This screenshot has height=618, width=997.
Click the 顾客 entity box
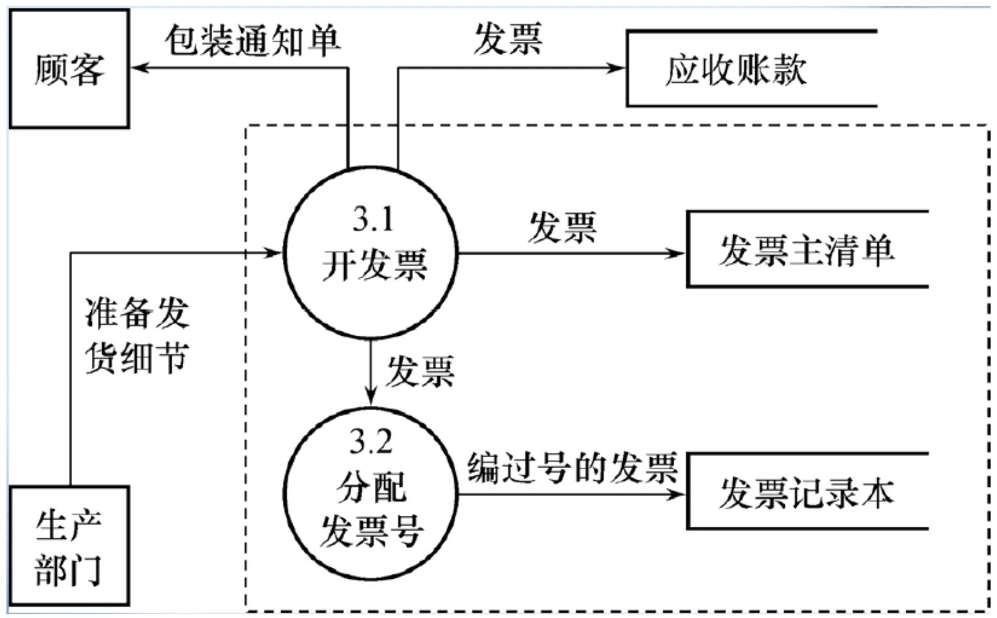[x=69, y=68]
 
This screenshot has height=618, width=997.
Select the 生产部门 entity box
[x=69, y=545]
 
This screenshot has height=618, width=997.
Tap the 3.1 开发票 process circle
[x=371, y=252]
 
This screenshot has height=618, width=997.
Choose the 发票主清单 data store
[x=807, y=249]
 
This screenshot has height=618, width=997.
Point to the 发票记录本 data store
[x=807, y=492]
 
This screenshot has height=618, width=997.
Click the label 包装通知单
[x=252, y=41]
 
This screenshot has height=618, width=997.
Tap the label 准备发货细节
[x=137, y=335]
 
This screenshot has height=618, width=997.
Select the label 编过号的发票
[x=572, y=467]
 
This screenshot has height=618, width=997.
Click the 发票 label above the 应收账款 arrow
[x=508, y=39]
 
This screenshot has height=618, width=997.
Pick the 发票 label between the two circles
[x=420, y=371]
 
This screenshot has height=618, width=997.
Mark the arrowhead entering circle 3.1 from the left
[x=275, y=253]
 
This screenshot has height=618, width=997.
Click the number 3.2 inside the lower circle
[x=371, y=442]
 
